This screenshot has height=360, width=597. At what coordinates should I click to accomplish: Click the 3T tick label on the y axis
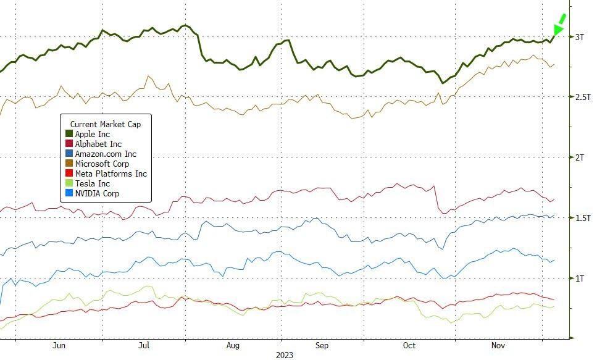tap(580, 37)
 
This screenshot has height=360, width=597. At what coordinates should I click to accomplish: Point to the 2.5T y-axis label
tap(582, 98)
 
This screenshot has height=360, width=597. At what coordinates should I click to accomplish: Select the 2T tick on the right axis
tap(580, 158)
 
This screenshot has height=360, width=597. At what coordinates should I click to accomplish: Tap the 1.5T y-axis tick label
tap(582, 219)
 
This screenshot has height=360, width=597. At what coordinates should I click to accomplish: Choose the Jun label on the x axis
tap(59, 346)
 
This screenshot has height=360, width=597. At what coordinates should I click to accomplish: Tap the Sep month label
tap(322, 346)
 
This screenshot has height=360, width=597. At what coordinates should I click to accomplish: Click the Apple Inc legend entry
tap(92, 134)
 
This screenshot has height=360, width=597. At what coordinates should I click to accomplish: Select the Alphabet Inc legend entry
tap(98, 144)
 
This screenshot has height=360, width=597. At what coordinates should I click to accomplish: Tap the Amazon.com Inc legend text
tap(106, 154)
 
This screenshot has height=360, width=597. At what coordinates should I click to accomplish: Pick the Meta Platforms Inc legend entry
tap(111, 174)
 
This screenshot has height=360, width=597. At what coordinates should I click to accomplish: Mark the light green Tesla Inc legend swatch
tap(69, 183)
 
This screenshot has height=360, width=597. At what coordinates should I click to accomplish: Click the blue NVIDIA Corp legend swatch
tap(69, 193)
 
